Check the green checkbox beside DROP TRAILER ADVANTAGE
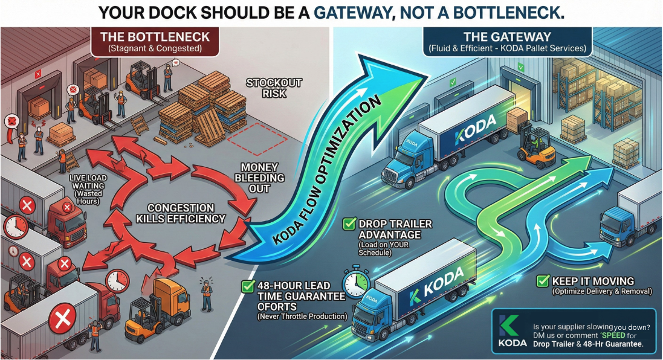(x=349, y=224)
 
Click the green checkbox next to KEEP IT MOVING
(x=543, y=281)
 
